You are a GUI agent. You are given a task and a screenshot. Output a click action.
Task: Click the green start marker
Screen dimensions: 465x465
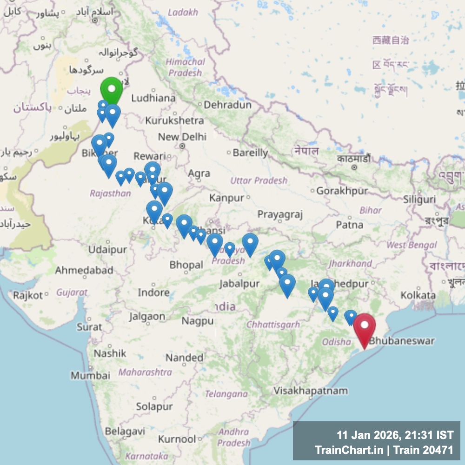(x=112, y=88)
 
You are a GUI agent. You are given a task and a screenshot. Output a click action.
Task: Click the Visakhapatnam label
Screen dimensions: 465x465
(x=310, y=391)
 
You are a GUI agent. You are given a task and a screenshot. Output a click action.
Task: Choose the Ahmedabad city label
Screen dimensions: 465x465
(x=84, y=270)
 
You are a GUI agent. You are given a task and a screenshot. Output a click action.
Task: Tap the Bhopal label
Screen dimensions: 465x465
(x=186, y=265)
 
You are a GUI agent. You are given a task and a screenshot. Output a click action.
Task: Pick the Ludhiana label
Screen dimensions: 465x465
(x=153, y=98)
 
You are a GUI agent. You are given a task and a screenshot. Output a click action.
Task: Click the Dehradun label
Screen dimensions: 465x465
(x=228, y=105)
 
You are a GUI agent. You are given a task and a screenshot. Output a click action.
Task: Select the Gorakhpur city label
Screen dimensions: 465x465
(x=342, y=191)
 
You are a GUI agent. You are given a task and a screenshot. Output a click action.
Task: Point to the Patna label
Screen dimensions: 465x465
(x=349, y=225)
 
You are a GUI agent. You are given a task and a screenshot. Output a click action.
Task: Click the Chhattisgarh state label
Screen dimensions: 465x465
(x=273, y=325)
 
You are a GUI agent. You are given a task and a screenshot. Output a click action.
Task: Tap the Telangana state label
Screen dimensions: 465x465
(x=226, y=394)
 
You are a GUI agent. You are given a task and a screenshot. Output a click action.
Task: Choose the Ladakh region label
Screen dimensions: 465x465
(x=183, y=13)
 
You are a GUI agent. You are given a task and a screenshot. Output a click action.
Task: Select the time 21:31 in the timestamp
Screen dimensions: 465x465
(x=416, y=436)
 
